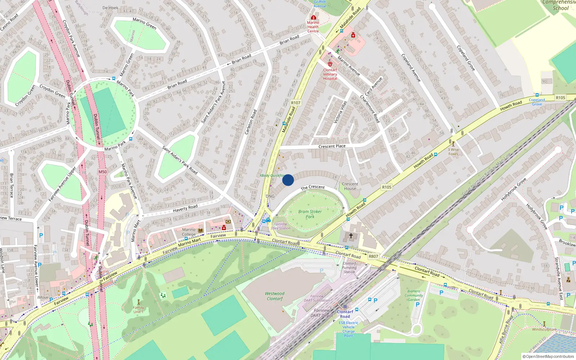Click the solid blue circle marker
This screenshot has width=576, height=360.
click(288, 180)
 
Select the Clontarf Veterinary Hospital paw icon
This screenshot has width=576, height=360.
click(330, 64)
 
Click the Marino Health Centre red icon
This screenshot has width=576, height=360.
click(313, 17)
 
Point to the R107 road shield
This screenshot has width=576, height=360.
click(296, 103)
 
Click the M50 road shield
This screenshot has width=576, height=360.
click(103, 172)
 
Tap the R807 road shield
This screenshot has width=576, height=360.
click(373, 256)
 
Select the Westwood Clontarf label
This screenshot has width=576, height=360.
click(275, 296)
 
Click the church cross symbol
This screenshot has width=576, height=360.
click(351, 236)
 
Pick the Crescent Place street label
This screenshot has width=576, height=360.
click(332, 146)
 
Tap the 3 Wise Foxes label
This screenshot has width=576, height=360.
click(453, 152)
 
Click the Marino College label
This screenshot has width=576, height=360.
click(189, 232)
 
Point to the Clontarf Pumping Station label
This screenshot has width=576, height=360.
click(349, 267)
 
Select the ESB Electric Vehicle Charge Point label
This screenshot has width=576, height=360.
click(348, 329)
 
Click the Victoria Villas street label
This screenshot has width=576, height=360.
click(340, 112)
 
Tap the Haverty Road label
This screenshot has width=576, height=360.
click(185, 208)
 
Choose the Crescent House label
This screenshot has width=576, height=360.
click(350, 186)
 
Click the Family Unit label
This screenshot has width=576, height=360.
click(138, 309)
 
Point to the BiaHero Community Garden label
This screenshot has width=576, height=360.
click(414, 295)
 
